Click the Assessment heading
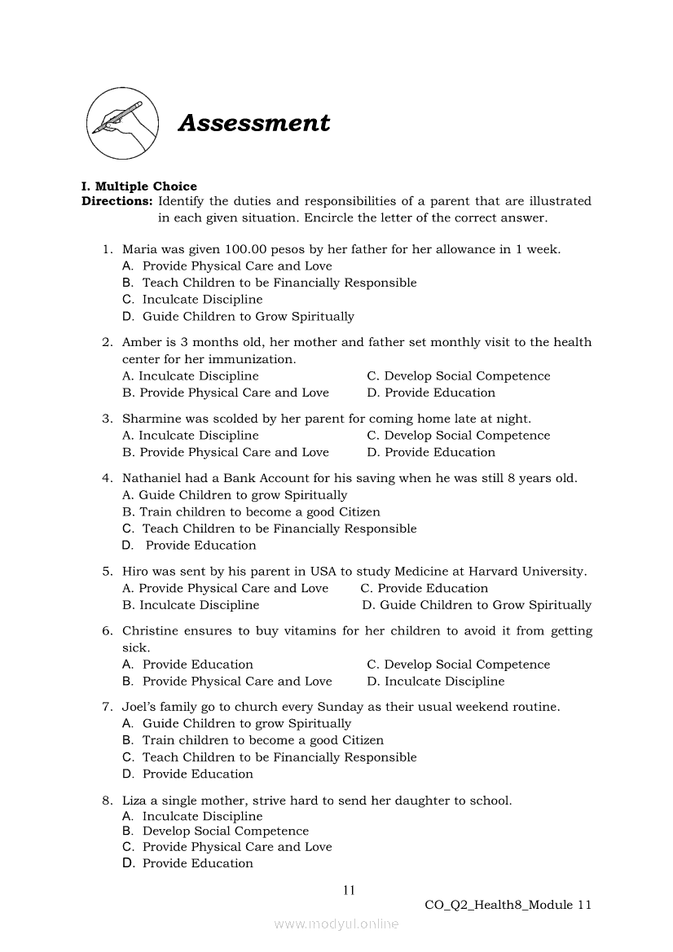point(254,123)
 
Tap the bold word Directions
point(117,201)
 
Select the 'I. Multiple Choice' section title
point(139,186)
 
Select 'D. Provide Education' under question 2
point(431,393)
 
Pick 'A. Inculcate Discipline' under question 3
point(190,436)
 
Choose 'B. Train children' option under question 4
point(251,512)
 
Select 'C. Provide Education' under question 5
point(424,588)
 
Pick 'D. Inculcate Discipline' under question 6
point(435,681)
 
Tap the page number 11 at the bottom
point(349,890)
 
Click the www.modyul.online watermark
point(336,924)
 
